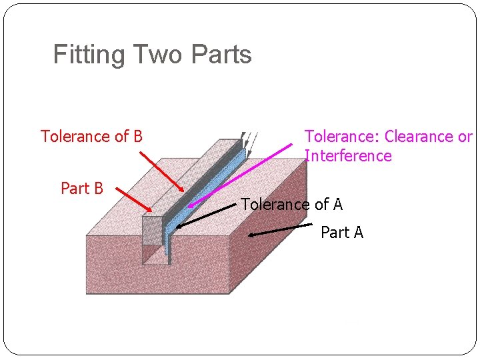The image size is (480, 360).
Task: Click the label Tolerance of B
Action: click(x=91, y=137)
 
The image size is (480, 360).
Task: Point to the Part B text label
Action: click(x=81, y=189)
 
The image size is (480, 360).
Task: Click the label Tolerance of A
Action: click(x=291, y=205)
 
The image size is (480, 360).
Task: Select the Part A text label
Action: click(x=341, y=233)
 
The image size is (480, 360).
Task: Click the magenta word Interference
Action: click(x=348, y=156)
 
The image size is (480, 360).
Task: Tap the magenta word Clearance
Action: click(x=419, y=137)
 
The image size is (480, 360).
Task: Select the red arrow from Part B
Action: click(x=133, y=201)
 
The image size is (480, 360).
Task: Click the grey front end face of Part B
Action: click(x=153, y=230)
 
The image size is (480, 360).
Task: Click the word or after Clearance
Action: click(x=465, y=137)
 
